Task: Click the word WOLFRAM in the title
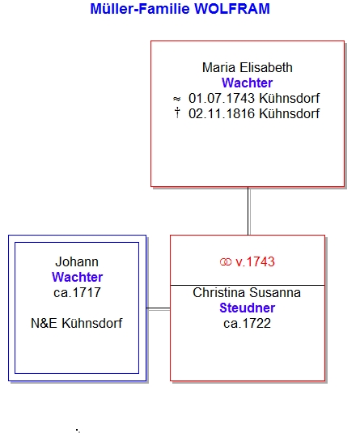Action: point(232,9)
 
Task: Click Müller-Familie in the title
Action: point(140,9)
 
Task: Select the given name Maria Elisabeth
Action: point(247,68)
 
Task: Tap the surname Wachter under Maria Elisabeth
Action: point(247,83)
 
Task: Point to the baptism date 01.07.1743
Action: point(222,98)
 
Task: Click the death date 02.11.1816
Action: point(222,113)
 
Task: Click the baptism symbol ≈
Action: point(177,99)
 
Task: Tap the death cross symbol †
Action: point(177,113)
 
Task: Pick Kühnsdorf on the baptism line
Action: point(290,98)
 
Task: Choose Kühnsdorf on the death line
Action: point(290,113)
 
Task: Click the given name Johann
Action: point(77,261)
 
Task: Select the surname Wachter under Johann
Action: point(77,277)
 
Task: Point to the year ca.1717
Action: point(77,292)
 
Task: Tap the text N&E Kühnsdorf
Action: point(77,323)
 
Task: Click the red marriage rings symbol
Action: point(226,262)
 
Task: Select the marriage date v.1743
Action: point(255,261)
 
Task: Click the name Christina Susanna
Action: point(247,292)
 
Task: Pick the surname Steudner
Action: point(247,308)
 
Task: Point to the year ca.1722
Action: point(247,323)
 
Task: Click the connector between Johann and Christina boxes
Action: point(159,308)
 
